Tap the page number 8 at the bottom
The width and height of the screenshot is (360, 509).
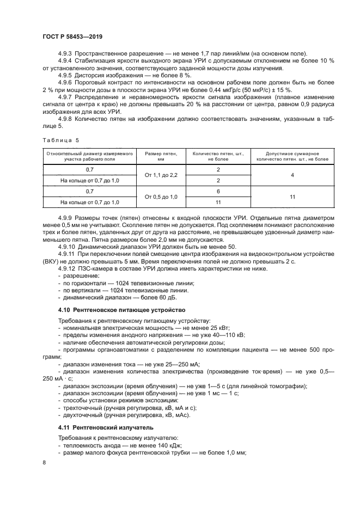coord(45,462)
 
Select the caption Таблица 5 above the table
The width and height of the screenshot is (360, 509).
coord(60,140)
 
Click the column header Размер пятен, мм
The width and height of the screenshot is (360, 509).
coord(161,157)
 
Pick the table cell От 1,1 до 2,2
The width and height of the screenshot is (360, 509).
coord(161,175)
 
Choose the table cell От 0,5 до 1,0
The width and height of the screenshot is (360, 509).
coord(161,197)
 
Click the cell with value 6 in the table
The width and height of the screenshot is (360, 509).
coord(218,191)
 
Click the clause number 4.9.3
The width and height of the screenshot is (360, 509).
coord(65,53)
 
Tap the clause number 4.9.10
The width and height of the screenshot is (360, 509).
coord(66,247)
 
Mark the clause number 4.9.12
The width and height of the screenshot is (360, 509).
coord(66,268)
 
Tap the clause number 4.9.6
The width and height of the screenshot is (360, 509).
coord(65,82)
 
